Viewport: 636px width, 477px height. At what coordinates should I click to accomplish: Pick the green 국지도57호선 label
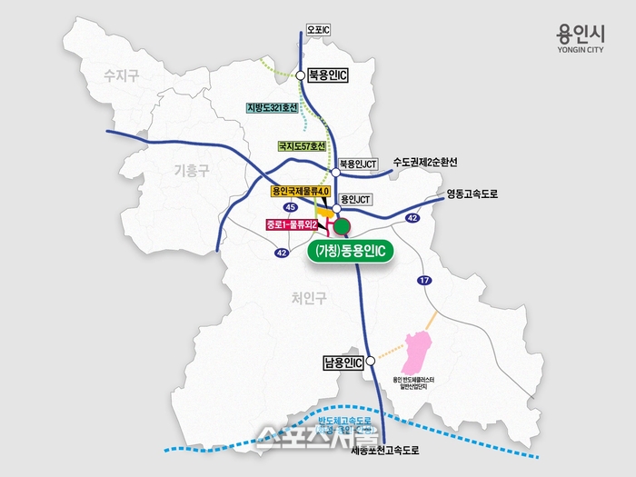301,145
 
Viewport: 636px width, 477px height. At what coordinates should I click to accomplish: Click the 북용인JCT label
358,166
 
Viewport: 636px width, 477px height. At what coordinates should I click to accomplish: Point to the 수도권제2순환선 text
425,162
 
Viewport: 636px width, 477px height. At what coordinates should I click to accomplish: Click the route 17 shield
422,282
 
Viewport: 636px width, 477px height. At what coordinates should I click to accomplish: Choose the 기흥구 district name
191,169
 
